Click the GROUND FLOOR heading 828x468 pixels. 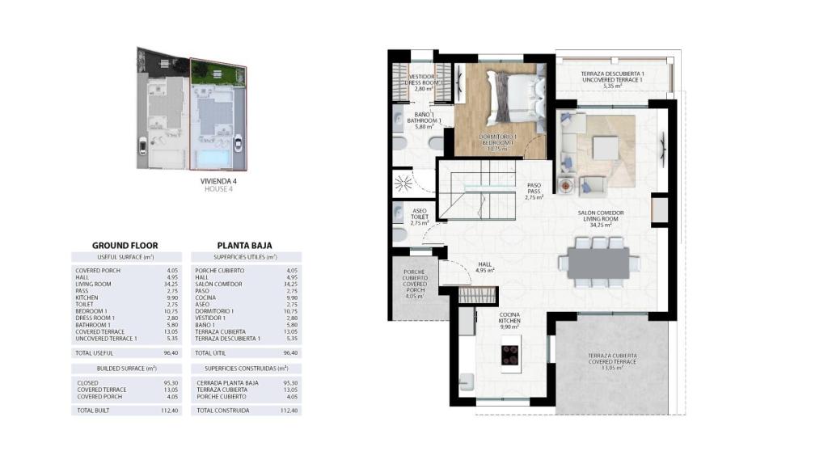pos(125,245)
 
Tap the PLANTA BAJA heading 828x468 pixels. pos(244,245)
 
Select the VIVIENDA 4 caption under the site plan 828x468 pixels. pos(218,181)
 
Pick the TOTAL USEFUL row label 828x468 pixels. pos(95,353)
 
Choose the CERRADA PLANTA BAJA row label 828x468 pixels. pos(227,382)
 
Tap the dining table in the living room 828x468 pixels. pos(598,262)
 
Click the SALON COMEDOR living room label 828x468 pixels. pos(600,218)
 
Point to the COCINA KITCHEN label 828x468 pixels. pos(509,320)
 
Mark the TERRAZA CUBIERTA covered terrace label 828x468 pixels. pos(612,360)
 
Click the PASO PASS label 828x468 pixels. pos(534,190)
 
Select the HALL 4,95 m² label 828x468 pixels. pos(484,267)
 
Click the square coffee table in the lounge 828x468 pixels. pos(605,149)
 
